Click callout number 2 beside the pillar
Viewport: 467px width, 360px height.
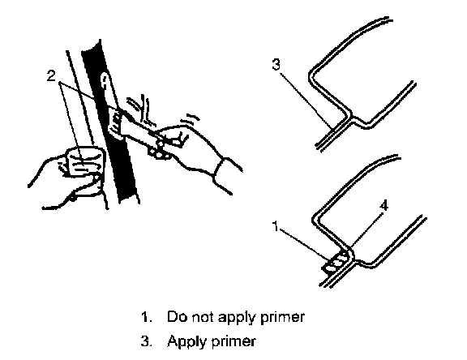pyautogui.click(x=52, y=76)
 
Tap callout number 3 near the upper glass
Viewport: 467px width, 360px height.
pyautogui.click(x=276, y=64)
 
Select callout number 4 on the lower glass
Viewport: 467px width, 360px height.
pyautogui.click(x=384, y=205)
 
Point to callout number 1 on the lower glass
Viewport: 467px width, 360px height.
pyautogui.click(x=276, y=226)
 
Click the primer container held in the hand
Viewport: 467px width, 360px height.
pyautogui.click(x=85, y=161)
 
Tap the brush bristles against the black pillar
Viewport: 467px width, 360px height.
pyautogui.click(x=116, y=123)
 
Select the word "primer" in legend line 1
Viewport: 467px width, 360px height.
pyautogui.click(x=282, y=317)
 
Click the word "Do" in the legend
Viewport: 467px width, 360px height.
pyautogui.click(x=177, y=316)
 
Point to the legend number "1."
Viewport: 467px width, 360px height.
pyautogui.click(x=146, y=317)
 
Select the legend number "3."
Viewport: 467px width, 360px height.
pyautogui.click(x=146, y=341)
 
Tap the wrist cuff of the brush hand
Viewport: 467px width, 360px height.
pyautogui.click(x=219, y=169)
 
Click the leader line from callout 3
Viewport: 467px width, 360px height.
pyautogui.click(x=306, y=99)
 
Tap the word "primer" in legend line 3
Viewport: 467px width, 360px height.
pyautogui.click(x=233, y=342)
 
